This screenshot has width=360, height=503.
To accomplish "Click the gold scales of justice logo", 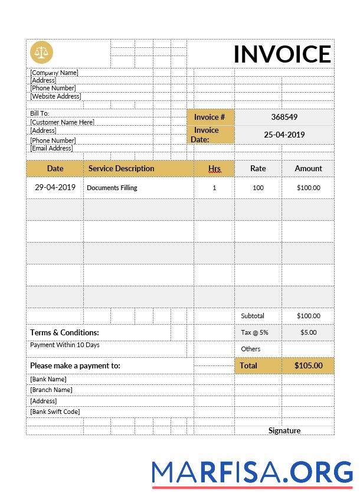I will (x=41, y=52).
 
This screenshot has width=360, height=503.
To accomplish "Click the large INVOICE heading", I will (x=282, y=54).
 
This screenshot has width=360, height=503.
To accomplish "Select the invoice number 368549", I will (x=284, y=117).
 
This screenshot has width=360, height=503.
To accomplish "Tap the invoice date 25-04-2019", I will (x=284, y=135).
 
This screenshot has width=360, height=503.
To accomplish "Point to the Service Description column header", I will (x=121, y=168).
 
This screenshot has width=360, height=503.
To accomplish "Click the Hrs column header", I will (x=214, y=168).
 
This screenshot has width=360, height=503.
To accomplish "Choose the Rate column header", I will (x=258, y=168).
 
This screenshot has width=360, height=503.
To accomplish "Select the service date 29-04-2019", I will (x=55, y=188).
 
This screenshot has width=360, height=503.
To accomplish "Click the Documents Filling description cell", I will (x=112, y=188).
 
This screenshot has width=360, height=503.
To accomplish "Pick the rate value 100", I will (x=258, y=188).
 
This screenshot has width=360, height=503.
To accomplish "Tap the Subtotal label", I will (x=253, y=316).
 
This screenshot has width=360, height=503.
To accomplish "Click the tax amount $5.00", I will (x=308, y=332).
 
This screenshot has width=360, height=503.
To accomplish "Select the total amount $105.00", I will (x=308, y=365).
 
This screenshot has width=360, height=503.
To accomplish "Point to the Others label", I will (x=250, y=349).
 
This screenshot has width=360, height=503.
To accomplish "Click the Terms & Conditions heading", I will (x=64, y=332).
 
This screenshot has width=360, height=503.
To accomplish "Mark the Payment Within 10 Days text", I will (x=65, y=345).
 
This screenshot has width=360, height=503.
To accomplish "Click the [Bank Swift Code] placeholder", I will (x=55, y=411).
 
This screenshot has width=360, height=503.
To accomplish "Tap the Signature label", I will (x=284, y=430).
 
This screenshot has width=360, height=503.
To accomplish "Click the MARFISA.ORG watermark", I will (x=252, y=472).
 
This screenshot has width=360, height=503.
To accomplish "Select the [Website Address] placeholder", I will (x=55, y=96).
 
